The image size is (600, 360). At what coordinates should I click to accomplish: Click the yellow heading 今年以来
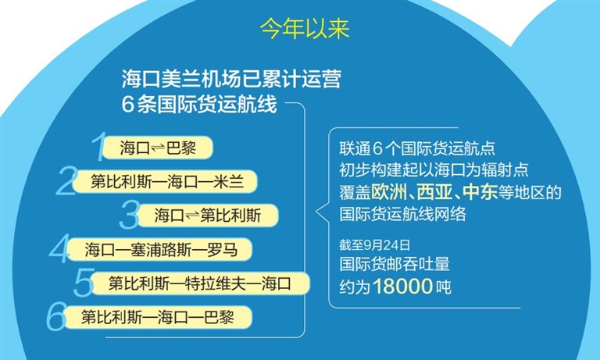pyautogui.click(x=305, y=29)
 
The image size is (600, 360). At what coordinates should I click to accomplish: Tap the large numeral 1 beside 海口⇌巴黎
pyautogui.click(x=98, y=147)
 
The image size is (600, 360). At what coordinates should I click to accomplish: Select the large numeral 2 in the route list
pyautogui.click(x=66, y=180)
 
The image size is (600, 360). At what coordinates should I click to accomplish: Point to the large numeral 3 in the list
pyautogui.click(x=129, y=215)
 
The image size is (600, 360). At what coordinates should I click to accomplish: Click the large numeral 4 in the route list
pyautogui.click(x=59, y=248)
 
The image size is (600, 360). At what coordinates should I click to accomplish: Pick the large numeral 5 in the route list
pyautogui.click(x=84, y=283)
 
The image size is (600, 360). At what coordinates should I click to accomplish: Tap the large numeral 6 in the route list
pyautogui.click(x=56, y=316)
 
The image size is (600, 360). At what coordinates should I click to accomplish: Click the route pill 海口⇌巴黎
pyautogui.click(x=158, y=148)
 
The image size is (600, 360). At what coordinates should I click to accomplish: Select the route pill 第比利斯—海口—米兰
pyautogui.click(x=165, y=181)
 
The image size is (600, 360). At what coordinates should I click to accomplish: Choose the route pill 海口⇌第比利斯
pyautogui.click(x=208, y=216)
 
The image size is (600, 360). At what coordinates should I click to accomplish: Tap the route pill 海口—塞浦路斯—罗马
pyautogui.click(x=159, y=249)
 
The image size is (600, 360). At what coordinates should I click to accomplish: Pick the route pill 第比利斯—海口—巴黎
pyautogui.click(x=158, y=317)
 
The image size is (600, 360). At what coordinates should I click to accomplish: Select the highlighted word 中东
pyautogui.click(x=480, y=192)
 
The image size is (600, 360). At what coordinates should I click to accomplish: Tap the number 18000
pyautogui.click(x=402, y=286)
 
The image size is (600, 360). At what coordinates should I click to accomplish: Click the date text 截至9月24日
pyautogui.click(x=375, y=245)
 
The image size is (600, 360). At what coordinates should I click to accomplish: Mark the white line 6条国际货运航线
pyautogui.click(x=199, y=104)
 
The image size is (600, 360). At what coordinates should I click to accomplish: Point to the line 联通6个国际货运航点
pyautogui.click(x=417, y=148)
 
